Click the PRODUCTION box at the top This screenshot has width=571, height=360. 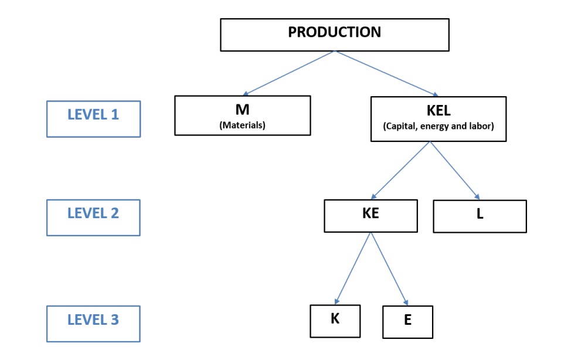click(x=335, y=35)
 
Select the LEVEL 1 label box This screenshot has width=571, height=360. click(x=94, y=119)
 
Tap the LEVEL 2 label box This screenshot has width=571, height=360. click(x=94, y=218)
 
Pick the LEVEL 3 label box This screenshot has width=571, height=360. click(x=94, y=324)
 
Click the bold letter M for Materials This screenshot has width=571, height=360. click(x=243, y=110)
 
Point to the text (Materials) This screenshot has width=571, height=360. click(x=243, y=125)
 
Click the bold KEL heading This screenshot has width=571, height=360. click(x=439, y=110)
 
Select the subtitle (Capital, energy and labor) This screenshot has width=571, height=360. click(x=439, y=126)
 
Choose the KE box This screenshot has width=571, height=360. click(x=371, y=216)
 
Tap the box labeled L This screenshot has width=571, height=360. click(x=480, y=216)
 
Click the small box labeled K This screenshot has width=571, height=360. click(x=335, y=321)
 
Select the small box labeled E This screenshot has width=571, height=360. click(x=408, y=322)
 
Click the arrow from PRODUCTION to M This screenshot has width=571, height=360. click(x=288, y=73)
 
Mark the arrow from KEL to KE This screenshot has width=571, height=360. click(x=400, y=170)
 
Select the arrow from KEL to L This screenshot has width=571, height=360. click(x=455, y=171)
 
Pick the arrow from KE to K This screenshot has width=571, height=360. click(x=353, y=268)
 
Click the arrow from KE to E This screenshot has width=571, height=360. click(x=389, y=269)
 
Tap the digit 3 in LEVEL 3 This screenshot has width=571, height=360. click(x=115, y=320)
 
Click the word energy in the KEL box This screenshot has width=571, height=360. click(x=434, y=127)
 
